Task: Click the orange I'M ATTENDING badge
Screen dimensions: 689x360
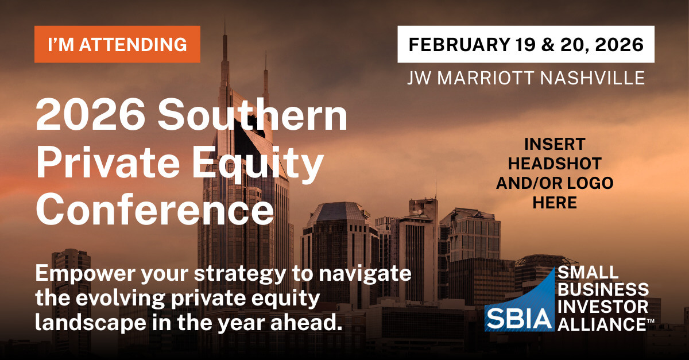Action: click(x=117, y=44)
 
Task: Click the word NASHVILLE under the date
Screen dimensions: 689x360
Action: click(x=593, y=78)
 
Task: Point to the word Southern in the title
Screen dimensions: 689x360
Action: click(x=253, y=115)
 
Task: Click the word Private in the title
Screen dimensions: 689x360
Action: click(x=108, y=162)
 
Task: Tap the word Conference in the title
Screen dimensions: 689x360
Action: click(x=155, y=210)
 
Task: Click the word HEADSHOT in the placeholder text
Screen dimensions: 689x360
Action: click(x=555, y=164)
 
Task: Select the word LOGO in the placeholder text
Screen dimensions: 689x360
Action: click(x=590, y=183)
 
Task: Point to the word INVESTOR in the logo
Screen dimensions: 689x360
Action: click(x=603, y=307)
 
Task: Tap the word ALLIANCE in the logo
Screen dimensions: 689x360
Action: click(x=602, y=324)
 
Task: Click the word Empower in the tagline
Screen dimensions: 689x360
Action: click(x=86, y=274)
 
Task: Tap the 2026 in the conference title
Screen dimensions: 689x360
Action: click(x=91, y=115)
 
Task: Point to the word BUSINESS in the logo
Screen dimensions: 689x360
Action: click(x=603, y=290)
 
